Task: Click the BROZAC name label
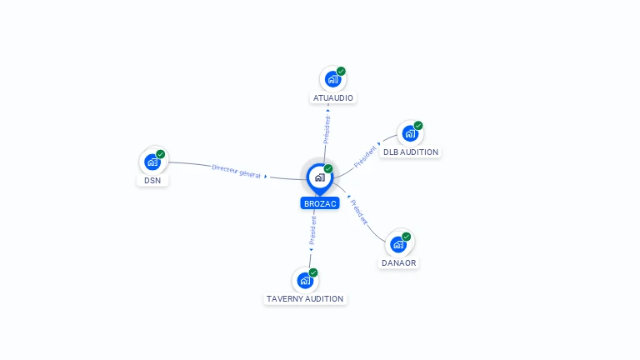pyautogui.click(x=320, y=203)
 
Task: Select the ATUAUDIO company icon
pyautogui.click(x=332, y=79)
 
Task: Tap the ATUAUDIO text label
pyautogui.click(x=333, y=98)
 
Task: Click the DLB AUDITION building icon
pyautogui.click(x=410, y=133)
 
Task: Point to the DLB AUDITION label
pyautogui.click(x=411, y=152)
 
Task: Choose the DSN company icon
pyautogui.click(x=152, y=162)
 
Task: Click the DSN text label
pyautogui.click(x=152, y=180)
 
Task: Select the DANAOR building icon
pyautogui.click(x=398, y=244)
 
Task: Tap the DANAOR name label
pyautogui.click(x=399, y=262)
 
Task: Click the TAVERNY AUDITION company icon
pyautogui.click(x=305, y=280)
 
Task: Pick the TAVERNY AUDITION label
pyautogui.click(x=305, y=299)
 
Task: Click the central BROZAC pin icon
pyautogui.click(x=320, y=179)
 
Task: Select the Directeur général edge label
pyautogui.click(x=237, y=172)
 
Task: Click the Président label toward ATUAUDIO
pyautogui.click(x=327, y=130)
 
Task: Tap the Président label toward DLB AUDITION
pyautogui.click(x=365, y=157)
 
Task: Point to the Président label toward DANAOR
pyautogui.click(x=359, y=212)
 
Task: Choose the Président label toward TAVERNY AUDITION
pyautogui.click(x=312, y=230)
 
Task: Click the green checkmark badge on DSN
pyautogui.click(x=160, y=154)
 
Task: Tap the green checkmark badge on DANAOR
pyautogui.click(x=406, y=237)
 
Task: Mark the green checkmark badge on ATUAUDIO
pyautogui.click(x=341, y=72)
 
